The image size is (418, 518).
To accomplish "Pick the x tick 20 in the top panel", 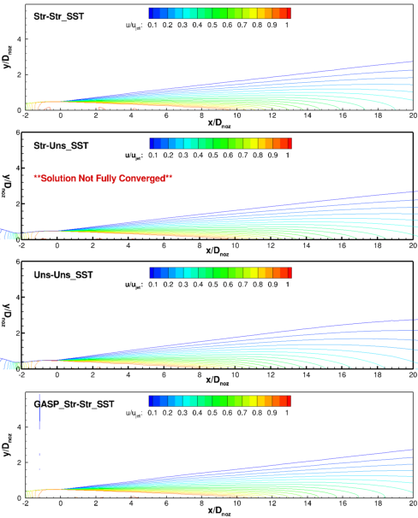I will tap(413, 115).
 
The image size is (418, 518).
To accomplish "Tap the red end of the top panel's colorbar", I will tap(287, 13).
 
